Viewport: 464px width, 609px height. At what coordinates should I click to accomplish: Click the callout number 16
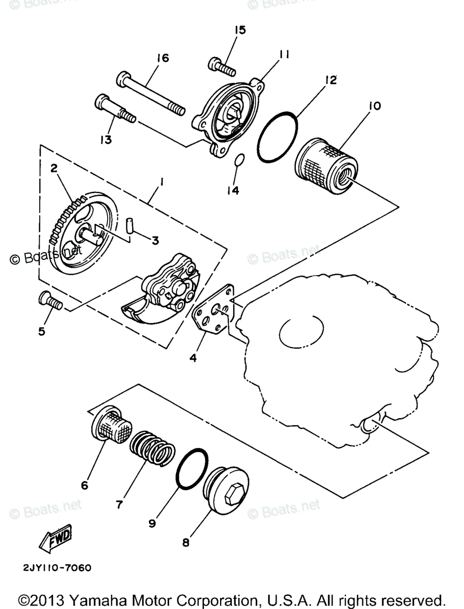tap(162, 58)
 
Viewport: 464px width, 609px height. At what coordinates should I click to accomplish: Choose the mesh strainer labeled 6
tap(113, 425)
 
